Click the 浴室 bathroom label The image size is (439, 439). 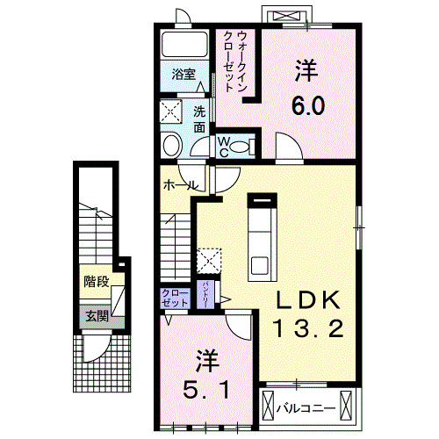[x=184, y=74]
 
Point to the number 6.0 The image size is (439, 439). [x=308, y=106]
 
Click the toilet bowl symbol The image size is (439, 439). [x=171, y=144]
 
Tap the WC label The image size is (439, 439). [x=223, y=146]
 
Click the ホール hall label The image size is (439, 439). [x=178, y=186]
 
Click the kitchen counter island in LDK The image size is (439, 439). [x=259, y=239]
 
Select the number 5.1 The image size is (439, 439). [x=207, y=387]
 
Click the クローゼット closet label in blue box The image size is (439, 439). [x=175, y=297]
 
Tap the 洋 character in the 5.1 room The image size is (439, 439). [x=206, y=358]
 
